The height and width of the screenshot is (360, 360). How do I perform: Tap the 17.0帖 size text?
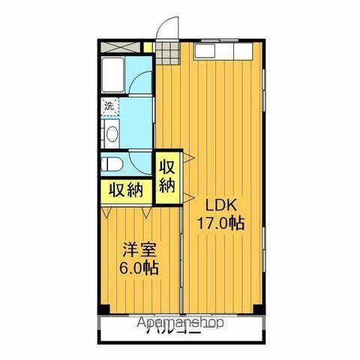coord(220,223)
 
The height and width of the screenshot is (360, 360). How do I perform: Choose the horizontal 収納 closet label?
coord(124,190)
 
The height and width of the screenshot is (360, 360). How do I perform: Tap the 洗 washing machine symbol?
coord(110,106)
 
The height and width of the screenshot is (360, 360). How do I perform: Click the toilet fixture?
coord(112,163)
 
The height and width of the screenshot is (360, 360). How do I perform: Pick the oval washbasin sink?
coord(111,134)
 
